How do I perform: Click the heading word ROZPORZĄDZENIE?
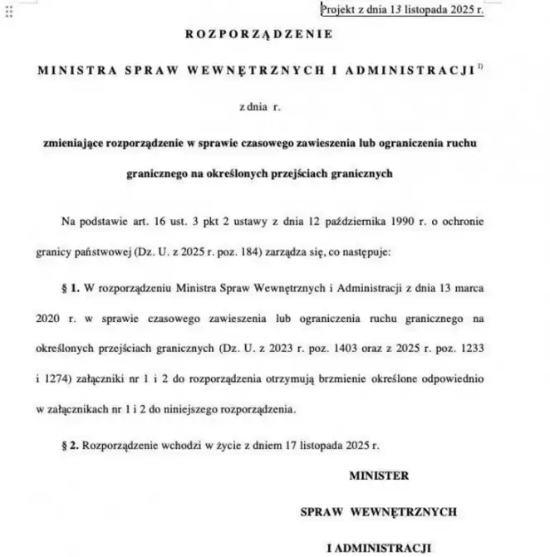point(258,35)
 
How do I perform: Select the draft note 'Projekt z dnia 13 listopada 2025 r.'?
point(402,10)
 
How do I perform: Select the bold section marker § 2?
point(70,445)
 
